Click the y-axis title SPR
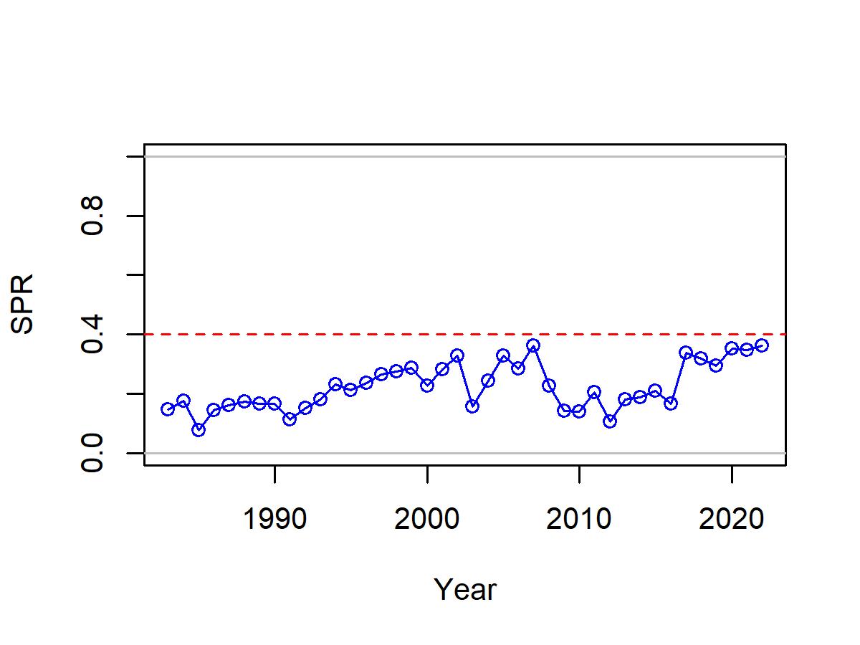22,305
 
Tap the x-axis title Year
465,589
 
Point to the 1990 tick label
274,519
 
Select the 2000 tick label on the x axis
426,519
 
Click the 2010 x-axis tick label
578,519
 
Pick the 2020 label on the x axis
731,519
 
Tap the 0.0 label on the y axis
92,453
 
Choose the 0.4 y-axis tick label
92,335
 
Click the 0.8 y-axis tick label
92,216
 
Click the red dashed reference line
465,335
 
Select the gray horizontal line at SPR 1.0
465,157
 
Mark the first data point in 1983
168,409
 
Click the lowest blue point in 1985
199,430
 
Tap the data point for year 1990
274,403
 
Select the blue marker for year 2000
426,386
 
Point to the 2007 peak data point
533,345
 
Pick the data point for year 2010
578,411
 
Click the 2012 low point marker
610,421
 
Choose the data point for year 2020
731,348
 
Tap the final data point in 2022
762,345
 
